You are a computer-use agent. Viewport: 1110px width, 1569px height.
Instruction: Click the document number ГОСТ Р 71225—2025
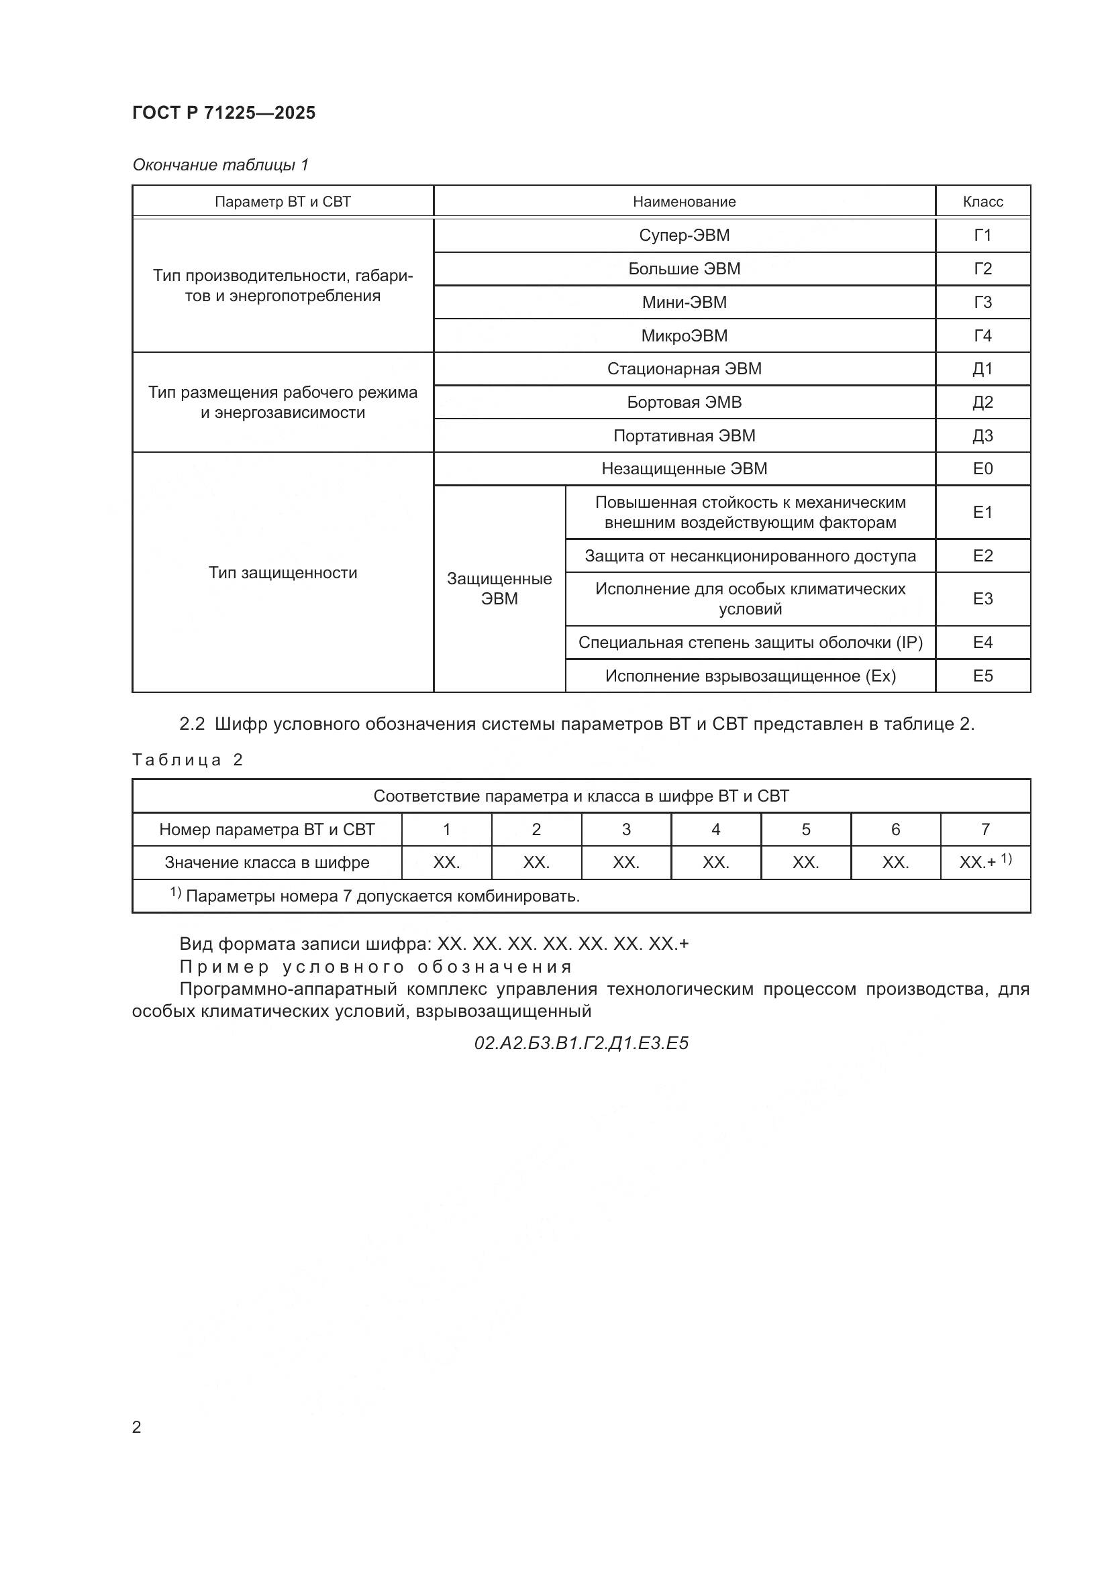[223, 113]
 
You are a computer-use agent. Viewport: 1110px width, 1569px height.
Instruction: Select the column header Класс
[982, 202]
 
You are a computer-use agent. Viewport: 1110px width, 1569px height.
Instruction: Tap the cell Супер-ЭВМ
[684, 235]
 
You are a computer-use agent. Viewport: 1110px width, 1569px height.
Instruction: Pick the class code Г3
[982, 302]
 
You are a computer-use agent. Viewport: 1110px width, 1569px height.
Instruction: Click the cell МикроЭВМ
[684, 335]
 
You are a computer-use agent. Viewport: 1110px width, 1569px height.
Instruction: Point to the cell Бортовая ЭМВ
[684, 402]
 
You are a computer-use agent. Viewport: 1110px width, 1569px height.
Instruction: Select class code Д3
[982, 435]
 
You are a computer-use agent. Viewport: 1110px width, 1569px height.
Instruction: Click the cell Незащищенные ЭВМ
[684, 469]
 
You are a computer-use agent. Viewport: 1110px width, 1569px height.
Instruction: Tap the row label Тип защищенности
[283, 573]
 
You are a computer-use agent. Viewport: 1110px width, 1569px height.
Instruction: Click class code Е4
[982, 643]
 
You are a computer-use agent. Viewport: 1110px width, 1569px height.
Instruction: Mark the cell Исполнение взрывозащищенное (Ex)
[750, 676]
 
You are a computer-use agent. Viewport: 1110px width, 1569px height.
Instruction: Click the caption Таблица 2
[187, 760]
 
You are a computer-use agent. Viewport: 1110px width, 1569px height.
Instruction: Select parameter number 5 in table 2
[805, 829]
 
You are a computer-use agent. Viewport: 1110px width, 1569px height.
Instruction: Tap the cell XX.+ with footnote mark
[985, 862]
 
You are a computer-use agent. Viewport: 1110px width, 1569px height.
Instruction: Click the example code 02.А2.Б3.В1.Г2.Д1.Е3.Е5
[581, 1043]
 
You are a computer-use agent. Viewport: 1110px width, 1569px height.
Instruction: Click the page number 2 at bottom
[137, 1427]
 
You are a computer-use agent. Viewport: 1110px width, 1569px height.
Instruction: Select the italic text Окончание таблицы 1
[220, 165]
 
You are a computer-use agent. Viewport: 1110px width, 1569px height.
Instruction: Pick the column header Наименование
[684, 202]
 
